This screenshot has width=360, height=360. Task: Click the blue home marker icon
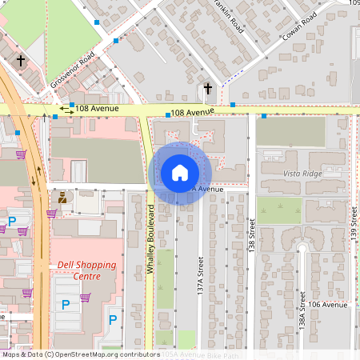[180, 172]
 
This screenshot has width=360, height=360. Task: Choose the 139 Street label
[353, 225]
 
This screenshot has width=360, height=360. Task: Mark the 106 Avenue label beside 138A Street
[329, 305]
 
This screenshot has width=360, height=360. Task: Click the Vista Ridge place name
[302, 174]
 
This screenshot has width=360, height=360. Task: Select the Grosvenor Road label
[72, 70]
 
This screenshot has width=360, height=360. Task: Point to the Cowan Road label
[300, 26]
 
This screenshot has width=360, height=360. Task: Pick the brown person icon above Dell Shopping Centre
[62, 196]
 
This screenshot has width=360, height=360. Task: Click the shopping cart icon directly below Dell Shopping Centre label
[84, 297]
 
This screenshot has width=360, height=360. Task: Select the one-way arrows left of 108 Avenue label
[66, 110]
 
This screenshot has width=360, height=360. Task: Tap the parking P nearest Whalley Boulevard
[113, 320]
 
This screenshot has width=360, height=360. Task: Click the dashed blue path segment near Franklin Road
[231, 78]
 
